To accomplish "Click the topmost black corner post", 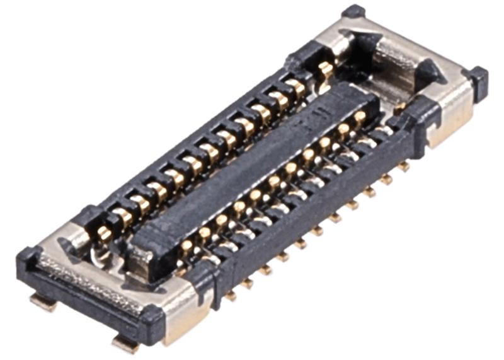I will pyautogui.click(x=353, y=11).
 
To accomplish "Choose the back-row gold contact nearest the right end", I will pyautogui.click(x=325, y=68).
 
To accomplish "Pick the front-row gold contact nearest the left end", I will pyautogui.click(x=187, y=246).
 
